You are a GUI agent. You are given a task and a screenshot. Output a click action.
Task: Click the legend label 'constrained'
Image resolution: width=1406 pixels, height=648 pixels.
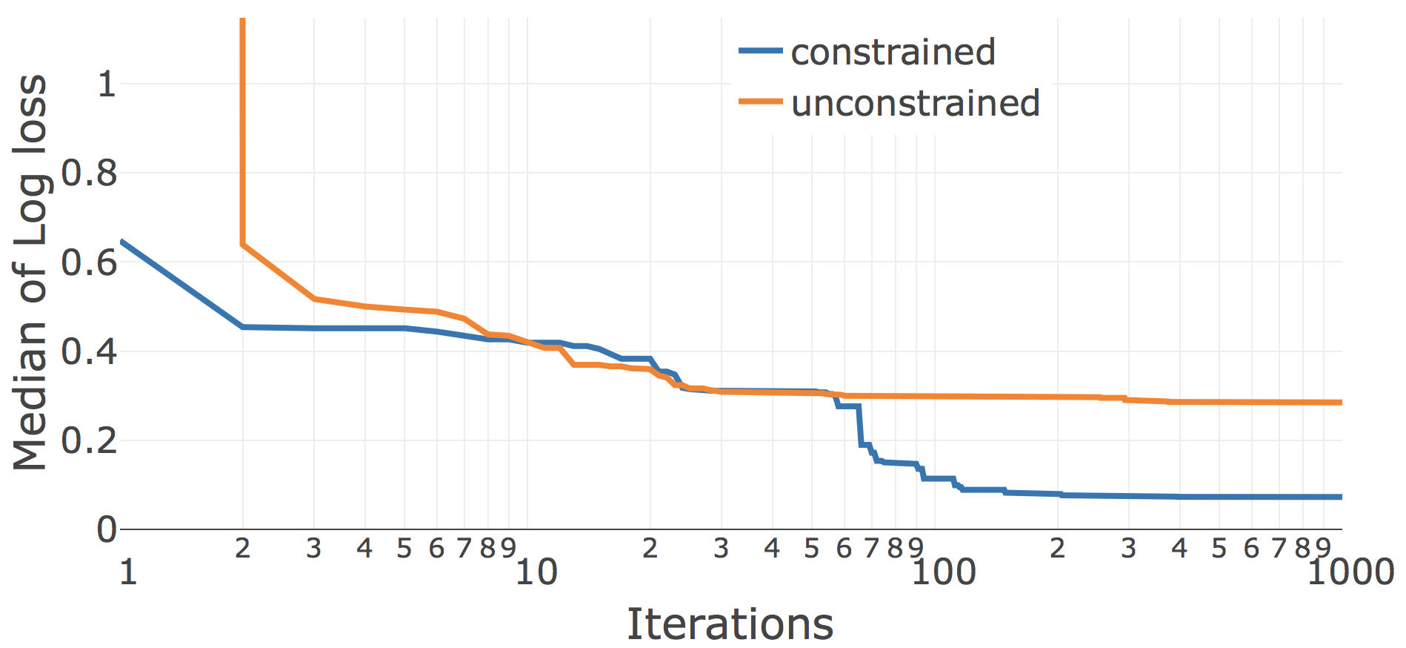(x=893, y=52)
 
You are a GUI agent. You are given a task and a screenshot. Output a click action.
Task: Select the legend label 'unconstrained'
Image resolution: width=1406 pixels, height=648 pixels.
(x=916, y=103)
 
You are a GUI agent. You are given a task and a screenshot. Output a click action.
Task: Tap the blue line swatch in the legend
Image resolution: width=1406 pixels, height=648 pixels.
(x=760, y=50)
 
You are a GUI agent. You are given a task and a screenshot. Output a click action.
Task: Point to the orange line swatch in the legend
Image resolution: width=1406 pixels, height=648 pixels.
(x=760, y=102)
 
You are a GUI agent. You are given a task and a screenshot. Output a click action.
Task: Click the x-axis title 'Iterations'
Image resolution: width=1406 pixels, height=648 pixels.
(x=730, y=624)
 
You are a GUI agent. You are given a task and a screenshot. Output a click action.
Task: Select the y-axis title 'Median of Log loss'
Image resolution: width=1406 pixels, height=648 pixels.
(x=30, y=272)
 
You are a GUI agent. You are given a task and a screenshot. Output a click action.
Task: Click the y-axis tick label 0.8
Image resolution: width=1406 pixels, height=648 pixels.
(x=89, y=173)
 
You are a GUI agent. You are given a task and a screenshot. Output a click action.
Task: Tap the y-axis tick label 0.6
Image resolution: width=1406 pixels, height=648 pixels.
(x=89, y=262)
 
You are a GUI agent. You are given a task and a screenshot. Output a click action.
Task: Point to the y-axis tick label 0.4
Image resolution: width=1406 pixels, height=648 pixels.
(x=89, y=351)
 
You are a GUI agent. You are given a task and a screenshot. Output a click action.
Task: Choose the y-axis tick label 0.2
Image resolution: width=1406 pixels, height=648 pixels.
(x=89, y=440)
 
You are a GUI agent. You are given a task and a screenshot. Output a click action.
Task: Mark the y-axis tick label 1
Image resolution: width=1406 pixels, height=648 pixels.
(x=107, y=85)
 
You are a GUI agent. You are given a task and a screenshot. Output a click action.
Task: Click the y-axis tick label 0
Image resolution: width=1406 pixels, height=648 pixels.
(x=107, y=529)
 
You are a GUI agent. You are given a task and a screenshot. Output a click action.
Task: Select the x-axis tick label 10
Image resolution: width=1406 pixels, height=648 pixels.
(x=536, y=572)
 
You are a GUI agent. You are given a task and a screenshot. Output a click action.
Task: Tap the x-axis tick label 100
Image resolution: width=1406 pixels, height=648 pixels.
(x=943, y=572)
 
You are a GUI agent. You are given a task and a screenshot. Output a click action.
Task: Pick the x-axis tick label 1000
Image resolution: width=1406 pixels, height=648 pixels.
(x=1350, y=572)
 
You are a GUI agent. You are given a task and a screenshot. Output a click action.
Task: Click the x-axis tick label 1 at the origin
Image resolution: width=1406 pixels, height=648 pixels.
(x=128, y=572)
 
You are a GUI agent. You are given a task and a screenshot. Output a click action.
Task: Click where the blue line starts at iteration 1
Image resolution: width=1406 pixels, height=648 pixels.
(x=121, y=241)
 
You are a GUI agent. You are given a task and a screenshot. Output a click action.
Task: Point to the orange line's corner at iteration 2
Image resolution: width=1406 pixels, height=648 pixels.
(x=243, y=244)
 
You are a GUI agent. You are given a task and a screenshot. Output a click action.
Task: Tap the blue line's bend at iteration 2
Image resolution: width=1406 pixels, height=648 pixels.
(x=243, y=327)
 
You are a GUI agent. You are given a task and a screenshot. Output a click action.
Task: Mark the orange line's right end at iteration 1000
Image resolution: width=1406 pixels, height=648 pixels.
(x=1341, y=403)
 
